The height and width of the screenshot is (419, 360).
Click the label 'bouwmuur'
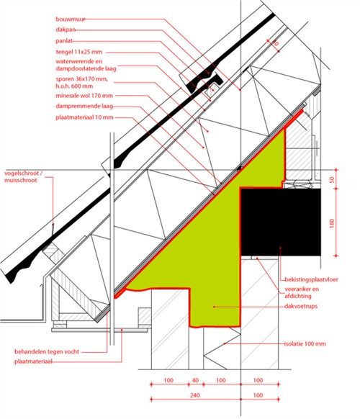coord(71,19)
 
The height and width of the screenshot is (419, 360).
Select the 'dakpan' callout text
coord(66,30)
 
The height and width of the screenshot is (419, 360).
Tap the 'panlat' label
coord(64,41)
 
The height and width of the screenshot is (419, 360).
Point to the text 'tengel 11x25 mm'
coord(79,52)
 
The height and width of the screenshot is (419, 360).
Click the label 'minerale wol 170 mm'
coord(84,96)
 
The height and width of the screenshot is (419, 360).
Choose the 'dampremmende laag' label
coord(84,106)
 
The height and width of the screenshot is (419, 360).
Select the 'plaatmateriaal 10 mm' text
coord(84,117)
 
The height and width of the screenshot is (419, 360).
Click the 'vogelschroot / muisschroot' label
coord(23,176)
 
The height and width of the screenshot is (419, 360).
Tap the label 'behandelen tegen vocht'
coord(47,351)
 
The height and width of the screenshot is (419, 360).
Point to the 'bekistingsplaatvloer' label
coord(311,279)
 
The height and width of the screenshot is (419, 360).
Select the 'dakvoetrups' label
coord(301,306)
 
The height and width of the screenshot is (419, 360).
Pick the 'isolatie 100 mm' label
coord(305,343)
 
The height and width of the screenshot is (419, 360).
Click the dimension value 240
coord(195,395)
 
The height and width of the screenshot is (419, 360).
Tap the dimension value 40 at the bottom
coord(195,380)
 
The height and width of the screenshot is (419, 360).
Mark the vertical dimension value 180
coord(332,223)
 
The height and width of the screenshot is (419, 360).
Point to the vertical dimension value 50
coord(332,179)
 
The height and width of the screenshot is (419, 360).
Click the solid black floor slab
coord(281,222)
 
